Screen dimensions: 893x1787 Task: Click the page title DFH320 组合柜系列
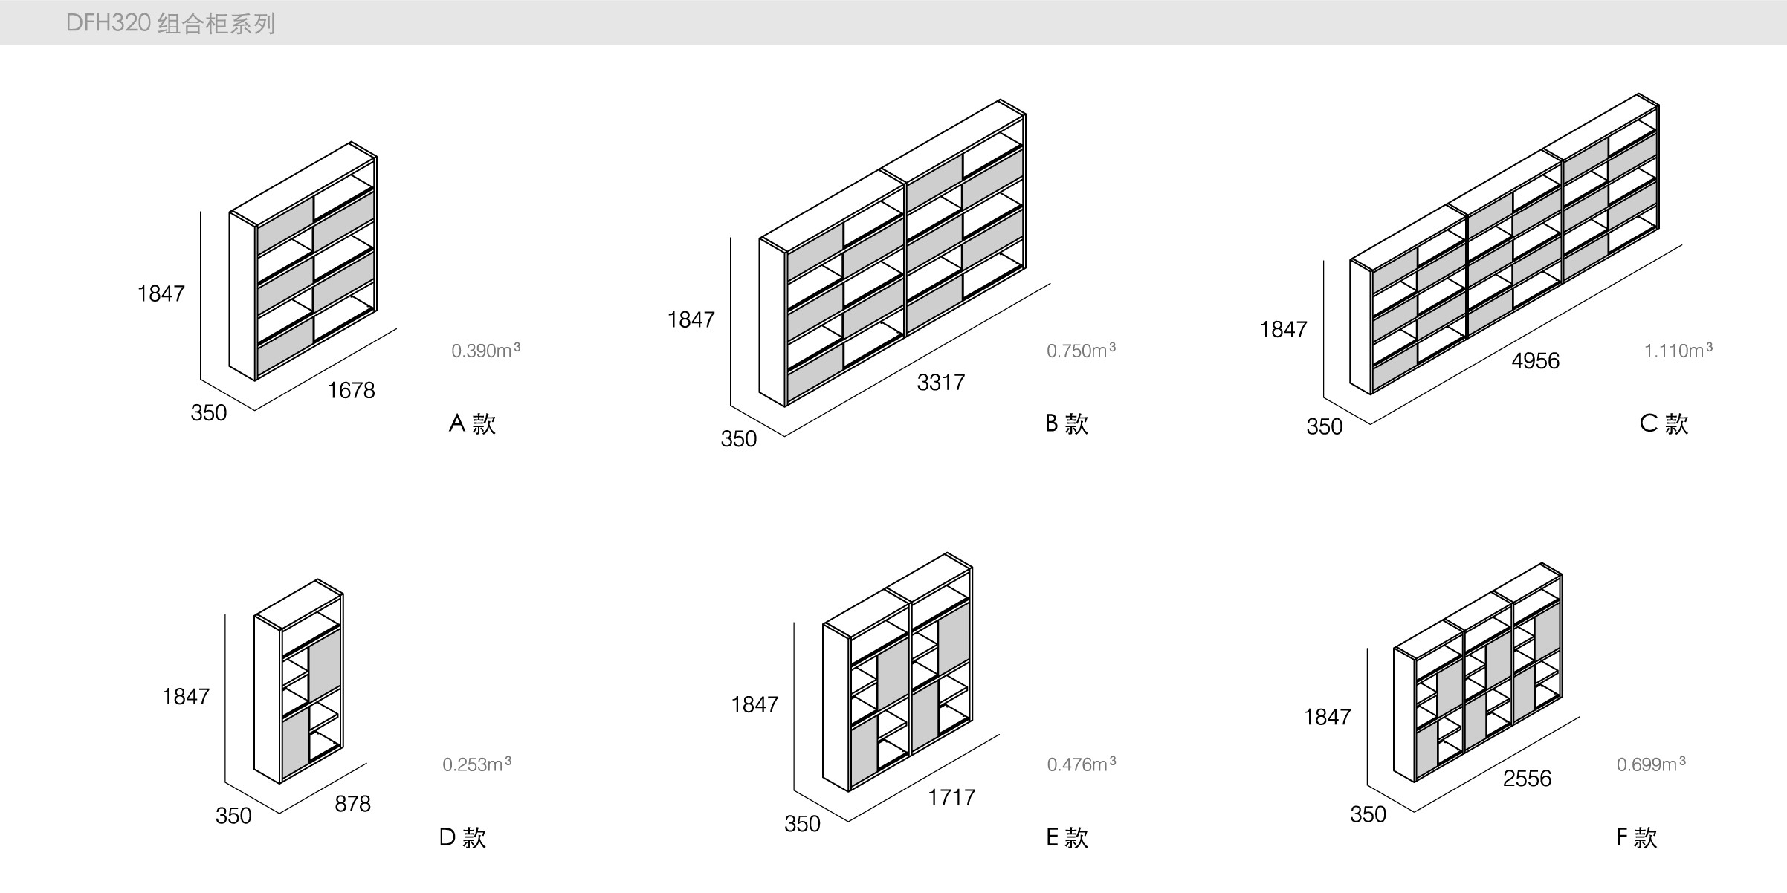pyautogui.click(x=170, y=23)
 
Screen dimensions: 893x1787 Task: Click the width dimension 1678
pyautogui.click(x=351, y=390)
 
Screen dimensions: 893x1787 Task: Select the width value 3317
pyautogui.click(x=940, y=382)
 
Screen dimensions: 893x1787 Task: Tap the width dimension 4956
pyautogui.click(x=1535, y=360)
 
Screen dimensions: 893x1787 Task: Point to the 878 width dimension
pyautogui.click(x=352, y=803)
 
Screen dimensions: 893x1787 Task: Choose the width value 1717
pyautogui.click(x=951, y=797)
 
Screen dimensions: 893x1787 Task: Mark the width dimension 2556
pyautogui.click(x=1527, y=778)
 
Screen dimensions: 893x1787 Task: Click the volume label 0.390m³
pyautogui.click(x=485, y=350)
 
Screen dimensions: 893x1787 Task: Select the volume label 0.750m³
pyautogui.click(x=1081, y=350)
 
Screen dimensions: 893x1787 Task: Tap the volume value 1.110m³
pyautogui.click(x=1678, y=350)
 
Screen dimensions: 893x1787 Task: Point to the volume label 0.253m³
pyautogui.click(x=476, y=764)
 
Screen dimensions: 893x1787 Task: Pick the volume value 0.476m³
pyautogui.click(x=1081, y=764)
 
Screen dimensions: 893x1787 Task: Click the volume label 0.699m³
pyautogui.click(x=1650, y=764)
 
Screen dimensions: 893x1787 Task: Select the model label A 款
pyautogui.click(x=472, y=423)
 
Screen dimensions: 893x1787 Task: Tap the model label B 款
pyautogui.click(x=1067, y=423)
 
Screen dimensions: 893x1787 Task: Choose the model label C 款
pyautogui.click(x=1664, y=423)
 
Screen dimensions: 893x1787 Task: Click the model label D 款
pyautogui.click(x=462, y=837)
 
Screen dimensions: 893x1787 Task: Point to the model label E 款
pyautogui.click(x=1067, y=837)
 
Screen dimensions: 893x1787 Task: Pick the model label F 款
pyautogui.click(x=1636, y=837)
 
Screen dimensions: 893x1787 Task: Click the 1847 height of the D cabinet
pyautogui.click(x=186, y=696)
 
